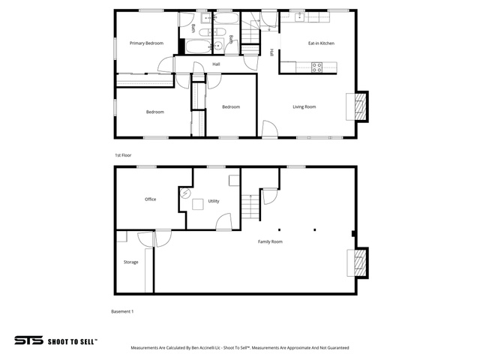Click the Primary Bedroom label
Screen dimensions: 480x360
[146, 43]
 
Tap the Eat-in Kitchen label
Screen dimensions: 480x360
[321, 43]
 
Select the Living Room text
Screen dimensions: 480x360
[304, 106]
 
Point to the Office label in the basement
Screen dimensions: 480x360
[150, 199]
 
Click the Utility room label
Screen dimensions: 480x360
[214, 201]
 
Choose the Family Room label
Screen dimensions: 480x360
[270, 241]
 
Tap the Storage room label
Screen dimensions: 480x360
[130, 262]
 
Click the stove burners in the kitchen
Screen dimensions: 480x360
[316, 67]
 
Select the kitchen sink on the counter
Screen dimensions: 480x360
[299, 17]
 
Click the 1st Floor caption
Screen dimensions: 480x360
[123, 155]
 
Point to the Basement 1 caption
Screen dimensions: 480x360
[122, 311]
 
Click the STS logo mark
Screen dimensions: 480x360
[28, 340]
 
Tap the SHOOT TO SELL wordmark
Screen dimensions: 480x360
[73, 341]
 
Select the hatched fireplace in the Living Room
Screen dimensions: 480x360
[361, 106]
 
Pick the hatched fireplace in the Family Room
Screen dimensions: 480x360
[361, 263]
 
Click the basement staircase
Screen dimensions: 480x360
[250, 207]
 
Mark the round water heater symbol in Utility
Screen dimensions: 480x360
[185, 193]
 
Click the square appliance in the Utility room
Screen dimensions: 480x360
[198, 204]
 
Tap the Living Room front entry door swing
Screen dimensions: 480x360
[270, 128]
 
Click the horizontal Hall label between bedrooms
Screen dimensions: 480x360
[216, 64]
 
